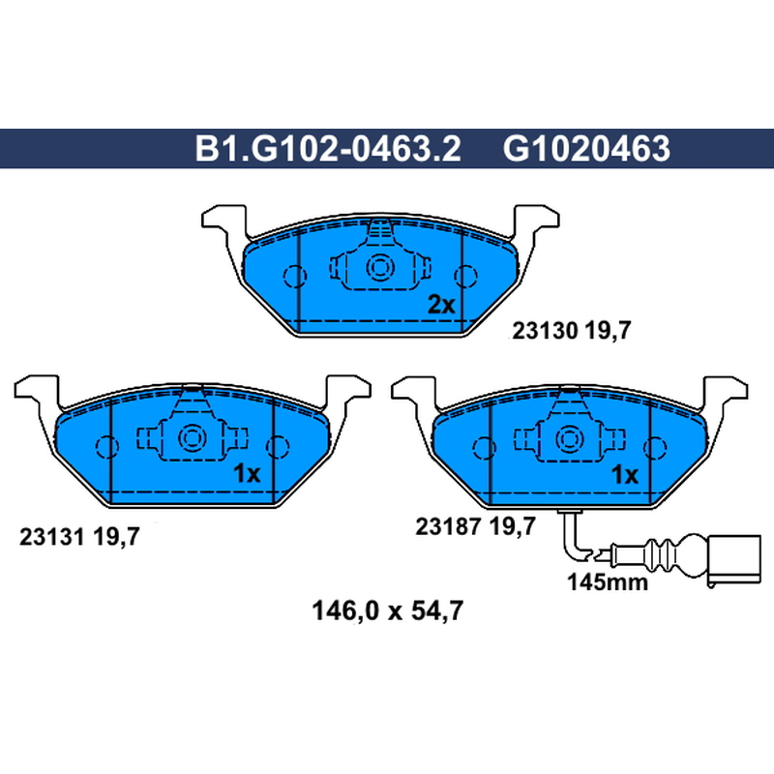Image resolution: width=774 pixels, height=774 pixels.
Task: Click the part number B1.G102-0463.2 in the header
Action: point(328,148)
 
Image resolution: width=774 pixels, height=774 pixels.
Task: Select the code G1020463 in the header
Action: point(586,148)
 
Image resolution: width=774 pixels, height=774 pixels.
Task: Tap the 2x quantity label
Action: point(441,305)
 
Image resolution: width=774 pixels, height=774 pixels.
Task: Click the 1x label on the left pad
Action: point(247,474)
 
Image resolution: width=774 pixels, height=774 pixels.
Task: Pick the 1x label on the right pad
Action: point(624,475)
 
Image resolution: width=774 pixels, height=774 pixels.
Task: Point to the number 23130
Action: point(545,330)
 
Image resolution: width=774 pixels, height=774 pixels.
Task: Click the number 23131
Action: point(52,537)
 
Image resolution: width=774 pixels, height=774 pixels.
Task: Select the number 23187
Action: point(448,526)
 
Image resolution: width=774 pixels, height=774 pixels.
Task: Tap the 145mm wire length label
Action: point(608,582)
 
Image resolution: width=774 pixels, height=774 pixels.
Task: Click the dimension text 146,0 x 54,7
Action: point(388,610)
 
